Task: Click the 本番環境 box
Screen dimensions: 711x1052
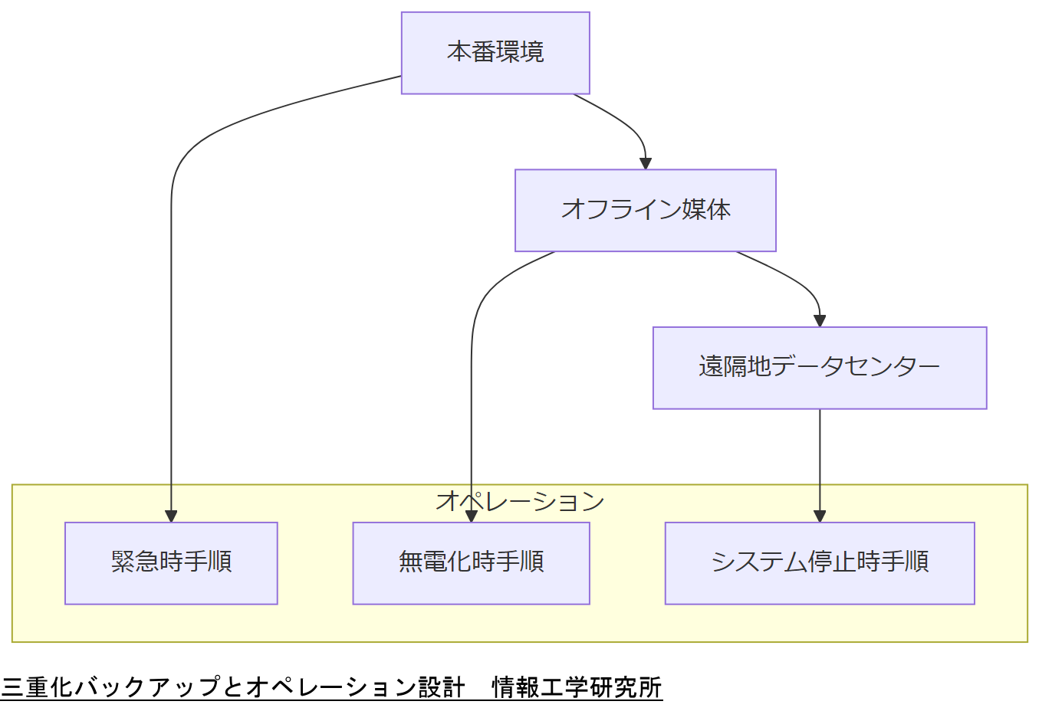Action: click(x=495, y=53)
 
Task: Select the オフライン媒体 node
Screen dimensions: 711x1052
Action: click(x=645, y=210)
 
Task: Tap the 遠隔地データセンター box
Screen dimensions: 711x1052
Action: click(x=819, y=368)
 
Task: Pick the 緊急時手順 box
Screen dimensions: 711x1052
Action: click(x=171, y=563)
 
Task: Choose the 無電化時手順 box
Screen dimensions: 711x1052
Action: click(x=471, y=563)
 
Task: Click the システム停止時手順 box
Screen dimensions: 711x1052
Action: click(x=819, y=563)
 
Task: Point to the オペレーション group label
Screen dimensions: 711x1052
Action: click(x=520, y=501)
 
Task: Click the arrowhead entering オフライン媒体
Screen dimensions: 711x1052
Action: click(x=646, y=163)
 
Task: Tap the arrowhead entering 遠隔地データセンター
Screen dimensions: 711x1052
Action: click(x=820, y=320)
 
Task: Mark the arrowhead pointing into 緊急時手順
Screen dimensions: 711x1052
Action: click(x=171, y=516)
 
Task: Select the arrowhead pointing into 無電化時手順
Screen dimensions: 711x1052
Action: click(x=471, y=516)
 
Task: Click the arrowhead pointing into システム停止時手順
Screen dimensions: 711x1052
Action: click(x=820, y=516)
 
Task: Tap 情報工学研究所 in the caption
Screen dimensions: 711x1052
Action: click(x=577, y=687)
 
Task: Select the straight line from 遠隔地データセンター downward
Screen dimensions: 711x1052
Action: click(x=820, y=460)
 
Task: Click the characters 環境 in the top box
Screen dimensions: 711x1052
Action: click(x=520, y=52)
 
